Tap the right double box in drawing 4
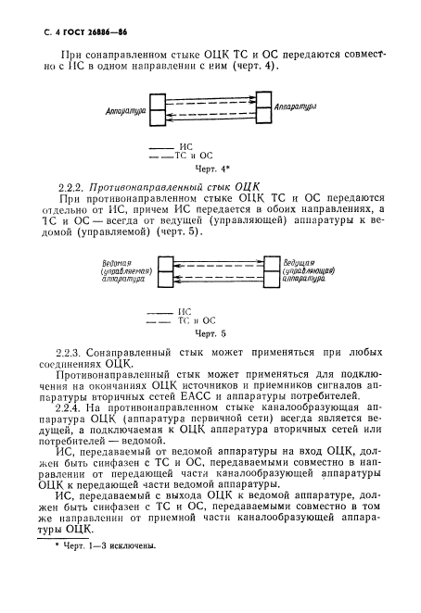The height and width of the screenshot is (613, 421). [263, 112]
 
